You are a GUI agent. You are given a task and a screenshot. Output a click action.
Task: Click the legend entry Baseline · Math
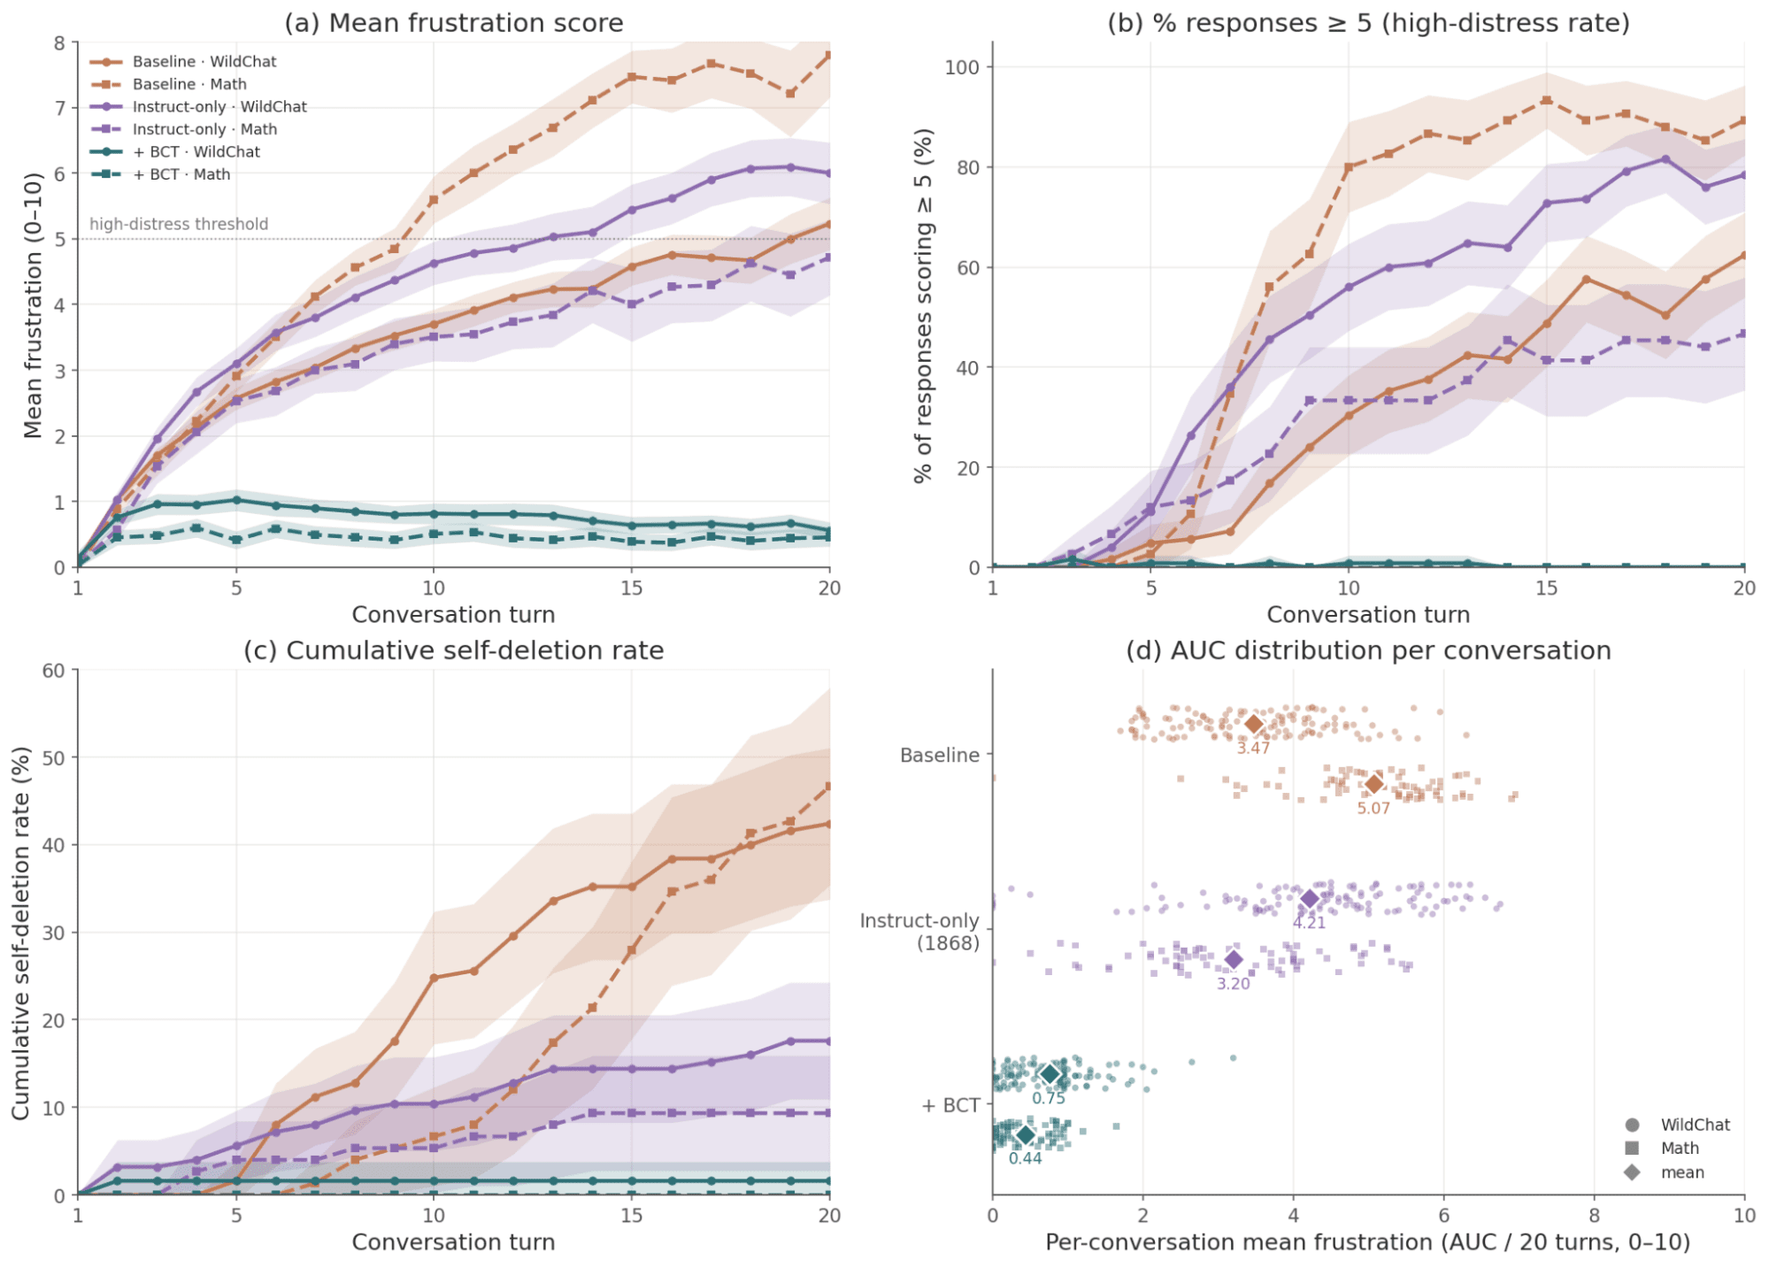point(189,84)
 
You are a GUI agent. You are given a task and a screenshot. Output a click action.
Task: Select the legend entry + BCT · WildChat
point(196,151)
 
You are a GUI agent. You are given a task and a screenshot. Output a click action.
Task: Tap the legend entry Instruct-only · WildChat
point(219,106)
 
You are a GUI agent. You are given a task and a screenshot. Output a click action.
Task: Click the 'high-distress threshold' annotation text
point(179,224)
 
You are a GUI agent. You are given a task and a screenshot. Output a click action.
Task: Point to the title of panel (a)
point(453,23)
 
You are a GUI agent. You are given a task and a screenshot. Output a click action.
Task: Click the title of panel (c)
point(453,650)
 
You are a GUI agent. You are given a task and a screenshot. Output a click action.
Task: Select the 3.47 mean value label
point(1253,748)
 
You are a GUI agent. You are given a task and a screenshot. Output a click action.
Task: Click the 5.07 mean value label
point(1373,808)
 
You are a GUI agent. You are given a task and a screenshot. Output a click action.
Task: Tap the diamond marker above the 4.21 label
point(1309,899)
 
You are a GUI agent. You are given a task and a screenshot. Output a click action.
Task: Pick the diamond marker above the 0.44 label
point(1025,1135)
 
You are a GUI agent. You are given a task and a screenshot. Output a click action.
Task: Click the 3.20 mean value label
point(1234,984)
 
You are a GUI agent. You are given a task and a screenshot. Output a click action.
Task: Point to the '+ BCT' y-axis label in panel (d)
point(950,1105)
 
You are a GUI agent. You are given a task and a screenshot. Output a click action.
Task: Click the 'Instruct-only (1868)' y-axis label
point(919,932)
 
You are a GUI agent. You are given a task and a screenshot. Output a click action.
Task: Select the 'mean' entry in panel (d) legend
point(1681,1172)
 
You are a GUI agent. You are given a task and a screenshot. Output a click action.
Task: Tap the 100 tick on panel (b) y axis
point(962,67)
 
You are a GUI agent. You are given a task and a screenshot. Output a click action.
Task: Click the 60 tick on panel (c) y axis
point(54,671)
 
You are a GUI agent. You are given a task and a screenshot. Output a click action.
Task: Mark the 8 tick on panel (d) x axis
point(1594,1215)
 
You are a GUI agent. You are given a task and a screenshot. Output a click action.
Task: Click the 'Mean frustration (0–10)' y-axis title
point(33,305)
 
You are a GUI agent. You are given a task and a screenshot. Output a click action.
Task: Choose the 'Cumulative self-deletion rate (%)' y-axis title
point(21,934)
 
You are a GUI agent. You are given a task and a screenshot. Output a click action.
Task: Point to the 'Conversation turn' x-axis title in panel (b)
point(1367,614)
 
